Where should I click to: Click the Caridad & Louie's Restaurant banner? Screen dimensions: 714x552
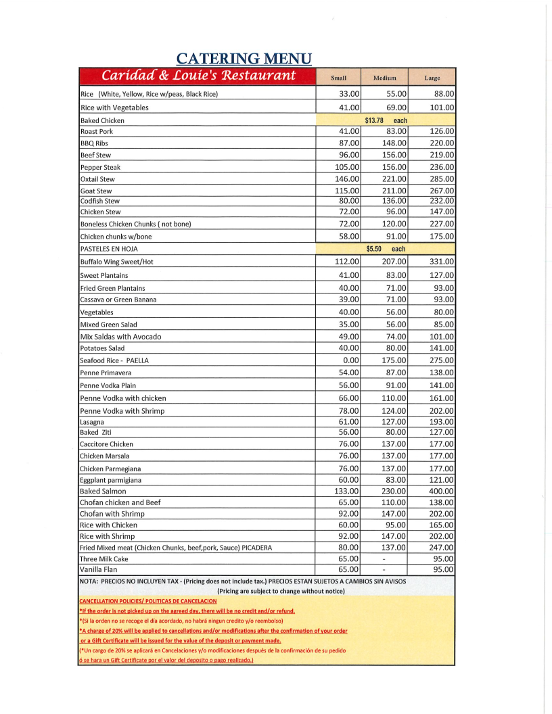click(198, 75)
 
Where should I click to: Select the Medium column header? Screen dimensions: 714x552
click(384, 78)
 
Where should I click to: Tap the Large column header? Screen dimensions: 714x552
click(432, 78)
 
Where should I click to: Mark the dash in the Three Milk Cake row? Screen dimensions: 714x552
click(384, 559)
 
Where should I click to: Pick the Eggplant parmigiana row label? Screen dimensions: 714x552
click(112, 480)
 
